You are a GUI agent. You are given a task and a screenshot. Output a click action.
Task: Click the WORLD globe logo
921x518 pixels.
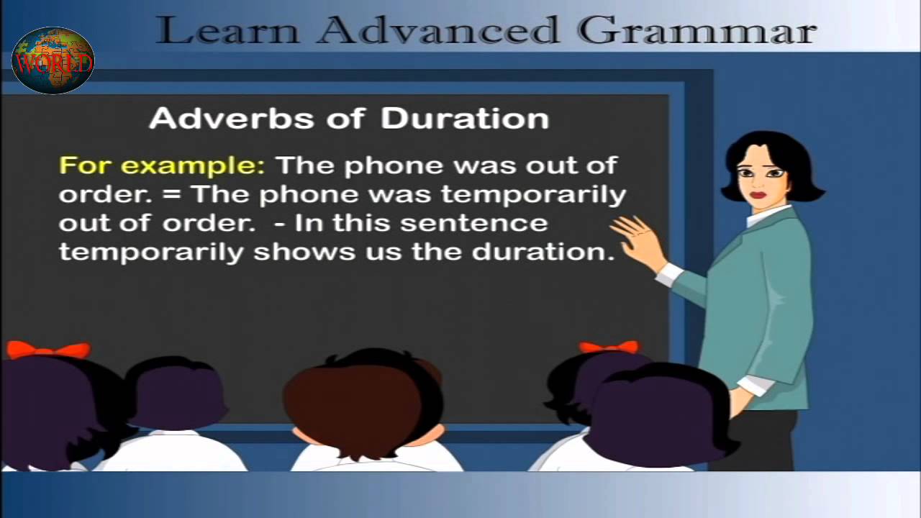click(x=53, y=61)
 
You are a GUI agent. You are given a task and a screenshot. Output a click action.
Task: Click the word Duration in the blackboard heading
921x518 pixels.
click(x=465, y=118)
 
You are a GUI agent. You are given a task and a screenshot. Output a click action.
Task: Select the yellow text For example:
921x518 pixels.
click(x=162, y=165)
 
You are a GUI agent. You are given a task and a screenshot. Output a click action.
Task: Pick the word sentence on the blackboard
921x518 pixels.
click(x=473, y=223)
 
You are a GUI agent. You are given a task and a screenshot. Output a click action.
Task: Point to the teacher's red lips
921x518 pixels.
click(x=758, y=195)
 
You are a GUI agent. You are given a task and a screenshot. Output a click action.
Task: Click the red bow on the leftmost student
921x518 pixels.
click(x=47, y=350)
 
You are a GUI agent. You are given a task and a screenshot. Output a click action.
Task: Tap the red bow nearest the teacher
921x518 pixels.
click(x=608, y=347)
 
